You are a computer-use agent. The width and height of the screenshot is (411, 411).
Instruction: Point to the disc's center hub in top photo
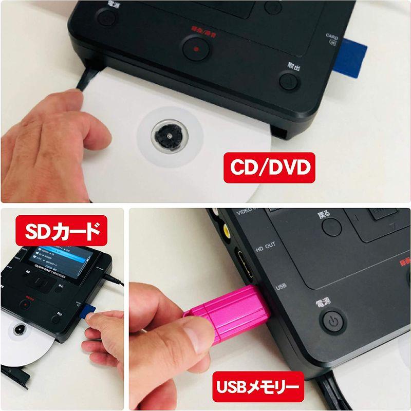(x=160, y=136)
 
